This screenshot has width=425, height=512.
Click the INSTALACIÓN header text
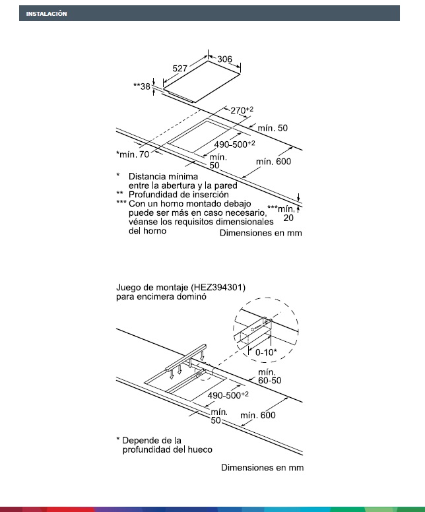pos(46,14)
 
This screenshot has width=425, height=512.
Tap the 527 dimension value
pos(181,68)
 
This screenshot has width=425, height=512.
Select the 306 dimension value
pos(225,59)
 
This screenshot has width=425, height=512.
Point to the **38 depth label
pos(142,86)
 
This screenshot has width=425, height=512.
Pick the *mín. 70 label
pos(133,154)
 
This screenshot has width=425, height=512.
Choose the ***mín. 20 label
pos(283,212)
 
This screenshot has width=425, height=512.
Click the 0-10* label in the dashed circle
pos(267,353)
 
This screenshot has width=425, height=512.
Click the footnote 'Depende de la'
pos(152,440)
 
